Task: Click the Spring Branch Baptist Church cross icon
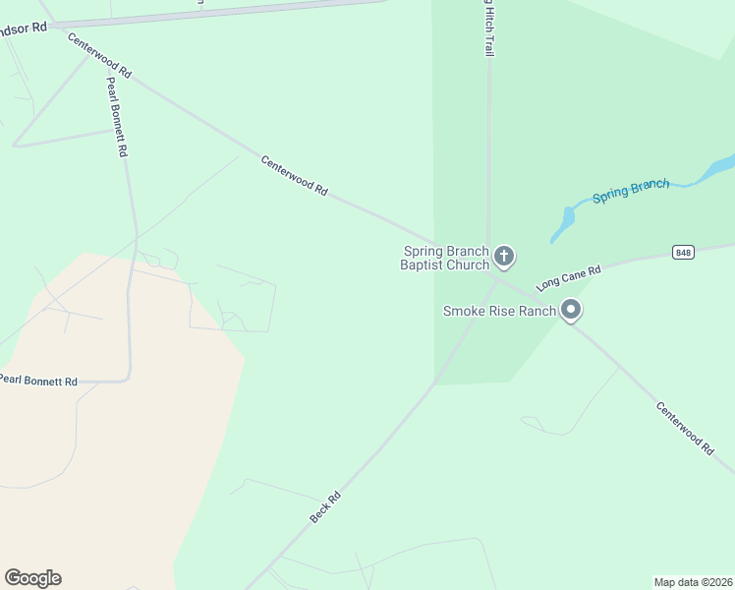pos(504,258)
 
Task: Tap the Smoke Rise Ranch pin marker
pos(571,312)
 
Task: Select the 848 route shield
pos(684,253)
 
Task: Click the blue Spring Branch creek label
pos(630,189)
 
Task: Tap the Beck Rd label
pos(324,506)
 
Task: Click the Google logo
pos(32,578)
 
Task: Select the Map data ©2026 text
pos(693,581)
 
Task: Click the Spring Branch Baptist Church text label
pos(445,258)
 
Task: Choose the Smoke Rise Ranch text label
pos(499,311)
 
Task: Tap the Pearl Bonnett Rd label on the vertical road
pos(116,117)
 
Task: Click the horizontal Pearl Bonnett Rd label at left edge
pos(37,380)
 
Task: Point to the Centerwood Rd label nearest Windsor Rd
pos(98,55)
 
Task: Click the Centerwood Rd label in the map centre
pos(294,176)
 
